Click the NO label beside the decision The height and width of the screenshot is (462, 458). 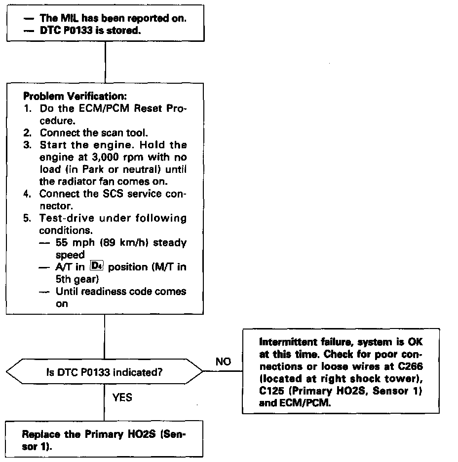pyautogui.click(x=223, y=363)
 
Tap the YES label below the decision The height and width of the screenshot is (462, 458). pyautogui.click(x=122, y=397)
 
